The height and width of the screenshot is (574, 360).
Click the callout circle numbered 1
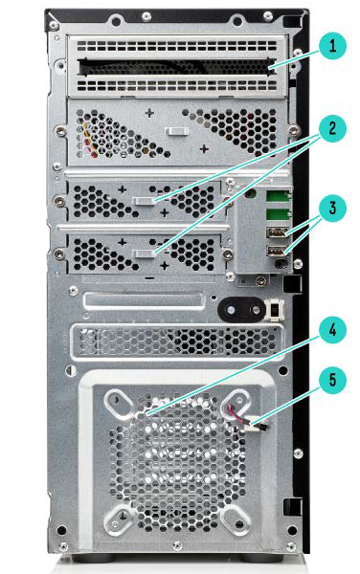click(x=332, y=45)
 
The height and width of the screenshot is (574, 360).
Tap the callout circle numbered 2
click(x=332, y=128)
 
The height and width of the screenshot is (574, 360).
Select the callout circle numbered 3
click(x=332, y=208)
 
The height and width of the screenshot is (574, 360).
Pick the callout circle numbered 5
click(x=332, y=380)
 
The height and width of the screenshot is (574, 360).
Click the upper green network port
click(x=279, y=196)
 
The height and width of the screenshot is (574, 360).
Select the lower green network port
click(x=279, y=214)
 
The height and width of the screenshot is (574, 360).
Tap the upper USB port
click(x=278, y=232)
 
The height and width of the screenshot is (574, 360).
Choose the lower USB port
click(x=278, y=251)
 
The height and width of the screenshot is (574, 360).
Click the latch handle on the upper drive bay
click(x=144, y=201)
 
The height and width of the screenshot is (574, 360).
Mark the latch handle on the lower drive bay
click(x=144, y=254)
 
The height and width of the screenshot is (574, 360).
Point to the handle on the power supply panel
click(x=176, y=131)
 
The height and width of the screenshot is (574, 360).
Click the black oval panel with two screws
click(x=241, y=310)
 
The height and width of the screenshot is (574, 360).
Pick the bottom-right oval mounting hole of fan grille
click(x=236, y=520)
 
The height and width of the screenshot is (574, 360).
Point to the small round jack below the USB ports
click(x=281, y=264)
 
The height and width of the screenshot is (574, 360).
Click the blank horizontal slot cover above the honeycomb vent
click(x=145, y=300)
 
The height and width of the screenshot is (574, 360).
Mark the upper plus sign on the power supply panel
click(x=149, y=113)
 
